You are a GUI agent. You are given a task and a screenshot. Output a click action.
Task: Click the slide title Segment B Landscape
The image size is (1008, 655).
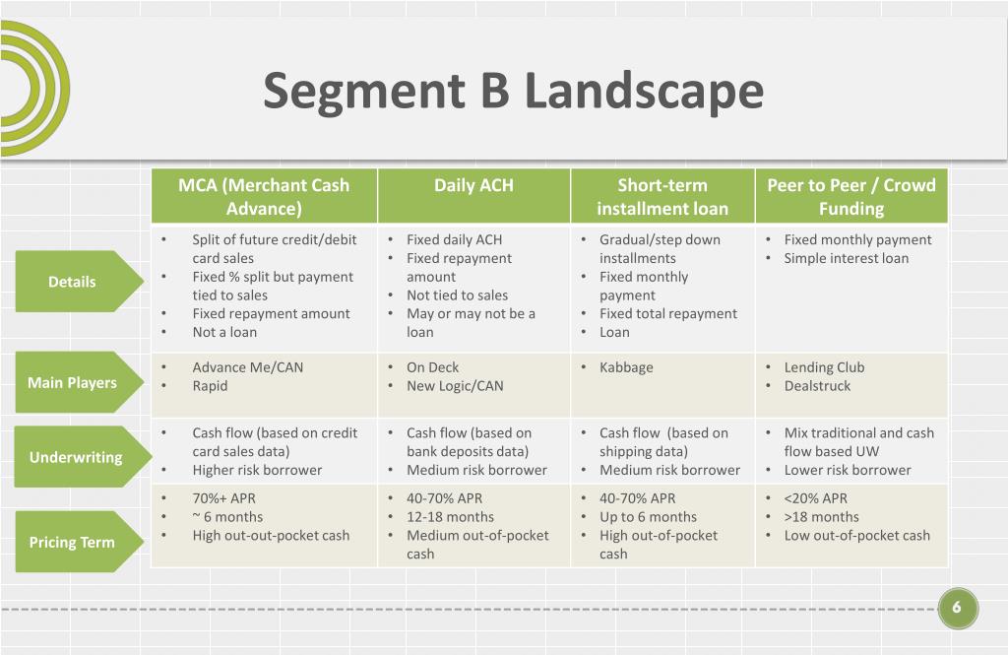click(x=513, y=91)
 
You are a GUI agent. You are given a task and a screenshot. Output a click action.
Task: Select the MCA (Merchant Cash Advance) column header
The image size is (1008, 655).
click(x=264, y=196)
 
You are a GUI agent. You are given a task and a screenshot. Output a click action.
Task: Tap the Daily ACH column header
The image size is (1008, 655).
click(x=473, y=185)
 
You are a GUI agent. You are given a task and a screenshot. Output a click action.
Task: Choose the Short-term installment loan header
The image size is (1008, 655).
click(x=662, y=196)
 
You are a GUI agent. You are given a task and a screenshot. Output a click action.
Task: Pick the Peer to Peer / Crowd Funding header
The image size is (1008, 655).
click(x=851, y=196)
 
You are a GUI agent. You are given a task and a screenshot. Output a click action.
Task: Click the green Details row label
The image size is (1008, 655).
click(x=73, y=282)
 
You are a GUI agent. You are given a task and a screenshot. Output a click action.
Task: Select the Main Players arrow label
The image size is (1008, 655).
click(x=73, y=382)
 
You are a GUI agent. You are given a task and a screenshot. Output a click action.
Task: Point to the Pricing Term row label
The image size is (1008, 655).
click(x=72, y=542)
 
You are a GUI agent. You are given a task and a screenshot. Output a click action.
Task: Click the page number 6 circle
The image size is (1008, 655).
click(x=957, y=608)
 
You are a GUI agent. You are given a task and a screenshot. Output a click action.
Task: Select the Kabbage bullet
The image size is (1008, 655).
click(x=626, y=367)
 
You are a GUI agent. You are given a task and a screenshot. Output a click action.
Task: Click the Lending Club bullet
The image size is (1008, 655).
click(x=824, y=367)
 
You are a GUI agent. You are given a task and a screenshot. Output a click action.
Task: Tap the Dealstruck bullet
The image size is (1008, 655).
click(x=817, y=386)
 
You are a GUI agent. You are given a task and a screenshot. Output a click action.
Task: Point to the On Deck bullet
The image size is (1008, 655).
click(x=432, y=367)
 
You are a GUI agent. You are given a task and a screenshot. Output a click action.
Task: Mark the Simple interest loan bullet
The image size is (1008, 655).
click(x=846, y=258)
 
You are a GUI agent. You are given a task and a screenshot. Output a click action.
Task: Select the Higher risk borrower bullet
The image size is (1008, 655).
click(x=257, y=470)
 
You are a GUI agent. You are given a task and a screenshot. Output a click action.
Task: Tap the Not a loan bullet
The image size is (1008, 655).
click(x=224, y=332)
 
